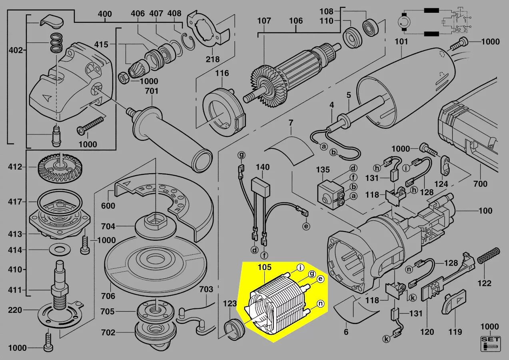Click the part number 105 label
(x=265, y=267)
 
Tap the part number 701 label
(x=152, y=91)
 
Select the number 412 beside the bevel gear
(x=15, y=167)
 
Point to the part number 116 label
(x=222, y=73)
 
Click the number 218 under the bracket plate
(x=213, y=59)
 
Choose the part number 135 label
(x=323, y=170)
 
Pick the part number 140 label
(x=263, y=167)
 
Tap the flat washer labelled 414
(x=60, y=250)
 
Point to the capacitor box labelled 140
(x=260, y=185)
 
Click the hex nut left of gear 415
(x=124, y=78)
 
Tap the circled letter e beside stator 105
(x=320, y=279)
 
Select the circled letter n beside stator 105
(x=320, y=304)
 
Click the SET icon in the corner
(x=491, y=344)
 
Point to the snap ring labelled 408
(x=188, y=42)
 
